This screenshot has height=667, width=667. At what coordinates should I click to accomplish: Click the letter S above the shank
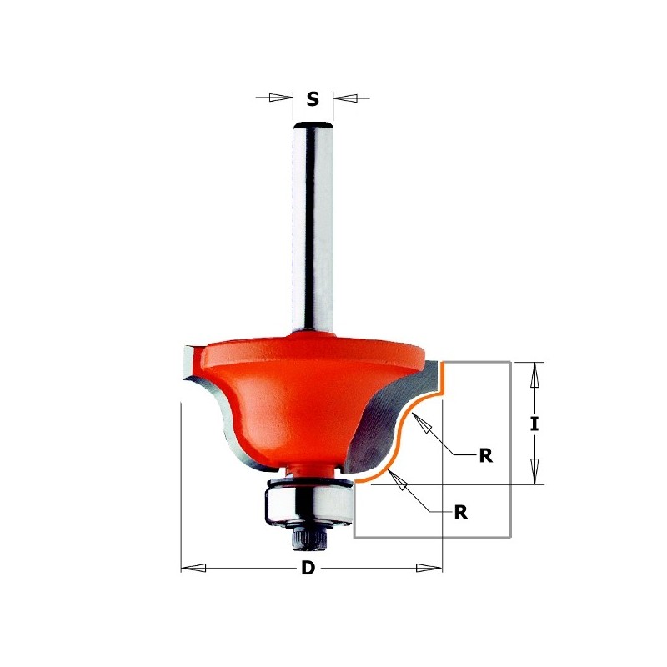pyautogui.click(x=313, y=99)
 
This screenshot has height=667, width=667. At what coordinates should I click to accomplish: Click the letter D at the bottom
pyautogui.click(x=308, y=569)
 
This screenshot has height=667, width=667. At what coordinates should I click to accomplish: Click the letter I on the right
pyautogui.click(x=534, y=424)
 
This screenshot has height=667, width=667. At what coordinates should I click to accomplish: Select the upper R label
pyautogui.click(x=485, y=455)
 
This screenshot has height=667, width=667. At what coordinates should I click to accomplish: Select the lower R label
pyautogui.click(x=460, y=513)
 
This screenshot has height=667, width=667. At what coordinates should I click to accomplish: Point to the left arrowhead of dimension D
pyautogui.click(x=193, y=569)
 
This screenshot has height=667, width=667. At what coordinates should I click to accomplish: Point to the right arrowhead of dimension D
pyautogui.click(x=430, y=569)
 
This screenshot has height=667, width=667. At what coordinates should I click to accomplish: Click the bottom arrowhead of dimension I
pyautogui.click(x=534, y=473)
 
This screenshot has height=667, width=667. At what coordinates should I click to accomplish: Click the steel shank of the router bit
pyautogui.click(x=313, y=233)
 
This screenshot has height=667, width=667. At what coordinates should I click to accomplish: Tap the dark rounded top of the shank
pyautogui.click(x=313, y=125)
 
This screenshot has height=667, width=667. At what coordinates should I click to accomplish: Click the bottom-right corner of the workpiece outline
pyautogui.click(x=510, y=536)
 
